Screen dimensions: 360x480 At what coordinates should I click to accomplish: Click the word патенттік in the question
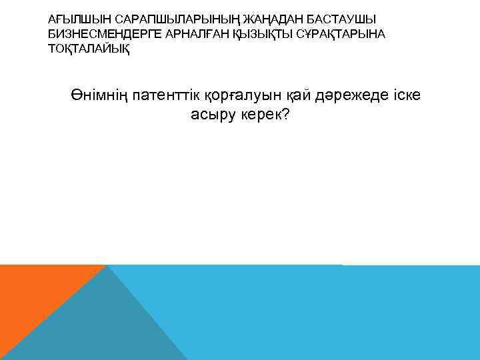click(x=165, y=96)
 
